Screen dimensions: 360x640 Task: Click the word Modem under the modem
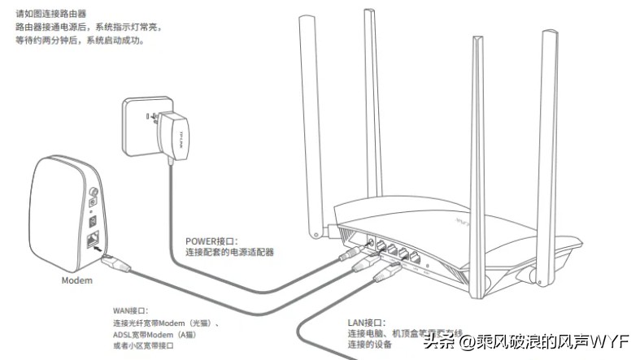[77, 280]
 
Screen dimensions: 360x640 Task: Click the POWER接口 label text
[211, 241]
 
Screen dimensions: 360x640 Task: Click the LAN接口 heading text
[367, 322]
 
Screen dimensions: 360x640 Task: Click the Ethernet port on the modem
[92, 239]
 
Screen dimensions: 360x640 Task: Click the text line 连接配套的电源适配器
[230, 253]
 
